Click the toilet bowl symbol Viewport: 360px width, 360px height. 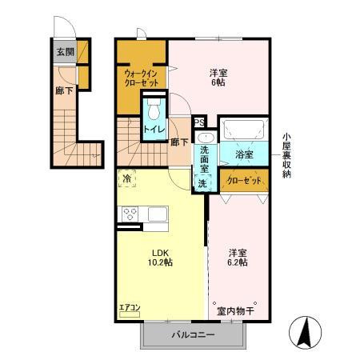click(x=154, y=106)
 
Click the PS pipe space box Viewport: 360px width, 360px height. click(x=200, y=122)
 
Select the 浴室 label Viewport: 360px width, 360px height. click(x=244, y=154)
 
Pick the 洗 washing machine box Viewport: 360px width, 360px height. click(x=202, y=183)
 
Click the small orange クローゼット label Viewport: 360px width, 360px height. click(x=244, y=181)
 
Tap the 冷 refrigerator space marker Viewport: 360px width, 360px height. click(x=126, y=181)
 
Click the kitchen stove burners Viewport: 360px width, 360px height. click(x=129, y=214)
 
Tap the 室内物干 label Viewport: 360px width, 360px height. click(x=234, y=310)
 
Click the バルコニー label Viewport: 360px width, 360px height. click(x=192, y=337)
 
